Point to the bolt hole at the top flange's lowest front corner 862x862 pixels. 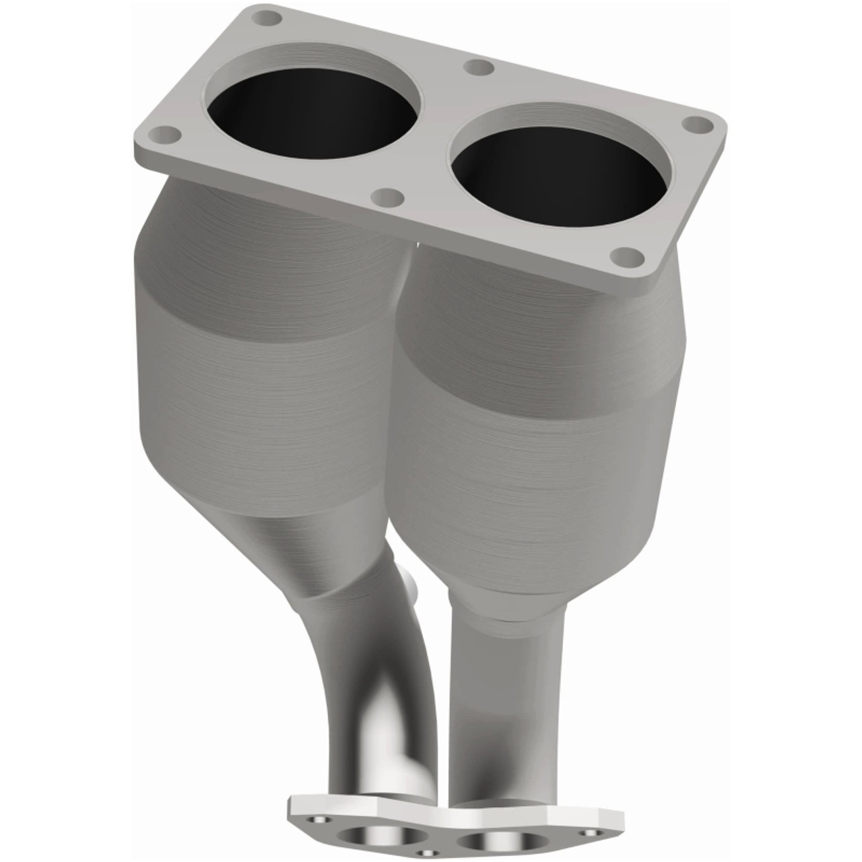point(628,257)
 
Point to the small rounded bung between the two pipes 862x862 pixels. point(411,583)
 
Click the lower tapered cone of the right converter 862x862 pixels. point(512,579)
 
